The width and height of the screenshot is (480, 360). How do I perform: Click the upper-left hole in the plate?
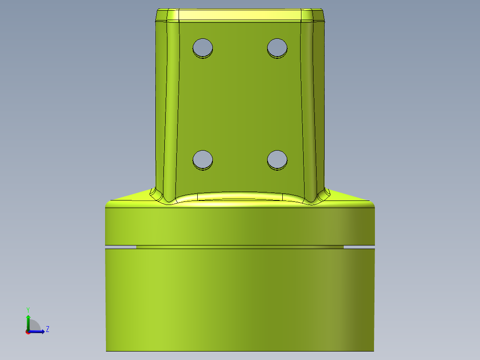click(203, 47)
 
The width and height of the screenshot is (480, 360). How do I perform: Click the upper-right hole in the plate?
click(277, 47)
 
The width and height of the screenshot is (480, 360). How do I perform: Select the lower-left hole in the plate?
click(203, 159)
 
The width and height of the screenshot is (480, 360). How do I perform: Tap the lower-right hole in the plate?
click(277, 159)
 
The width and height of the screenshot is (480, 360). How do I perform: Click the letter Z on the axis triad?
click(47, 329)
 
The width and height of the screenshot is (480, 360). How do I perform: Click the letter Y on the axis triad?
click(28, 309)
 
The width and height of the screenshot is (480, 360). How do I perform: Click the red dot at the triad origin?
click(28, 331)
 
